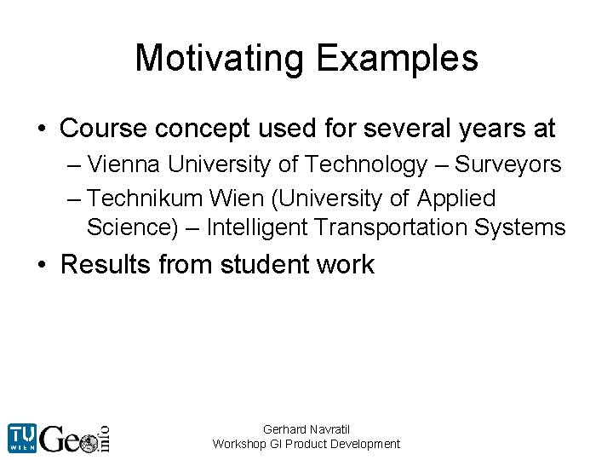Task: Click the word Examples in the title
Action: click(x=397, y=59)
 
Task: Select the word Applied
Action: click(x=456, y=198)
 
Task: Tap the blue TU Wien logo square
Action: click(x=21, y=437)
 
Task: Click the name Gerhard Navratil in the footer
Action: click(x=306, y=429)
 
